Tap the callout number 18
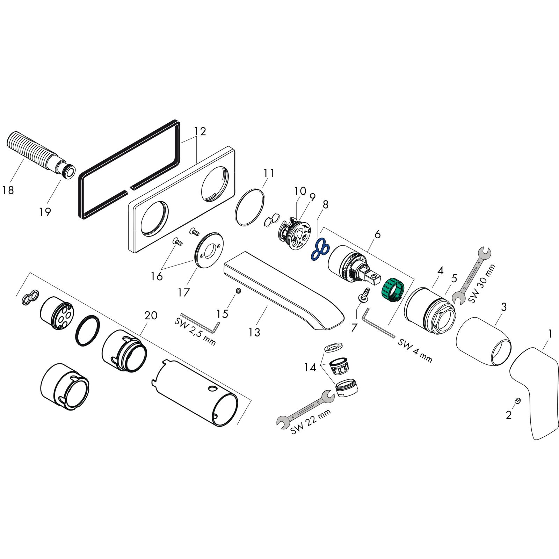click(8, 190)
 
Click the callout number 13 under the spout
click(254, 332)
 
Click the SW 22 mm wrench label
click(311, 422)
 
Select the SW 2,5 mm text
click(195, 331)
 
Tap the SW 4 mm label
click(415, 350)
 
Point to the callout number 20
click(151, 315)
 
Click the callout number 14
click(310, 367)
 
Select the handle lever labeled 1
click(534, 388)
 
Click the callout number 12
click(200, 131)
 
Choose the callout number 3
click(503, 307)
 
